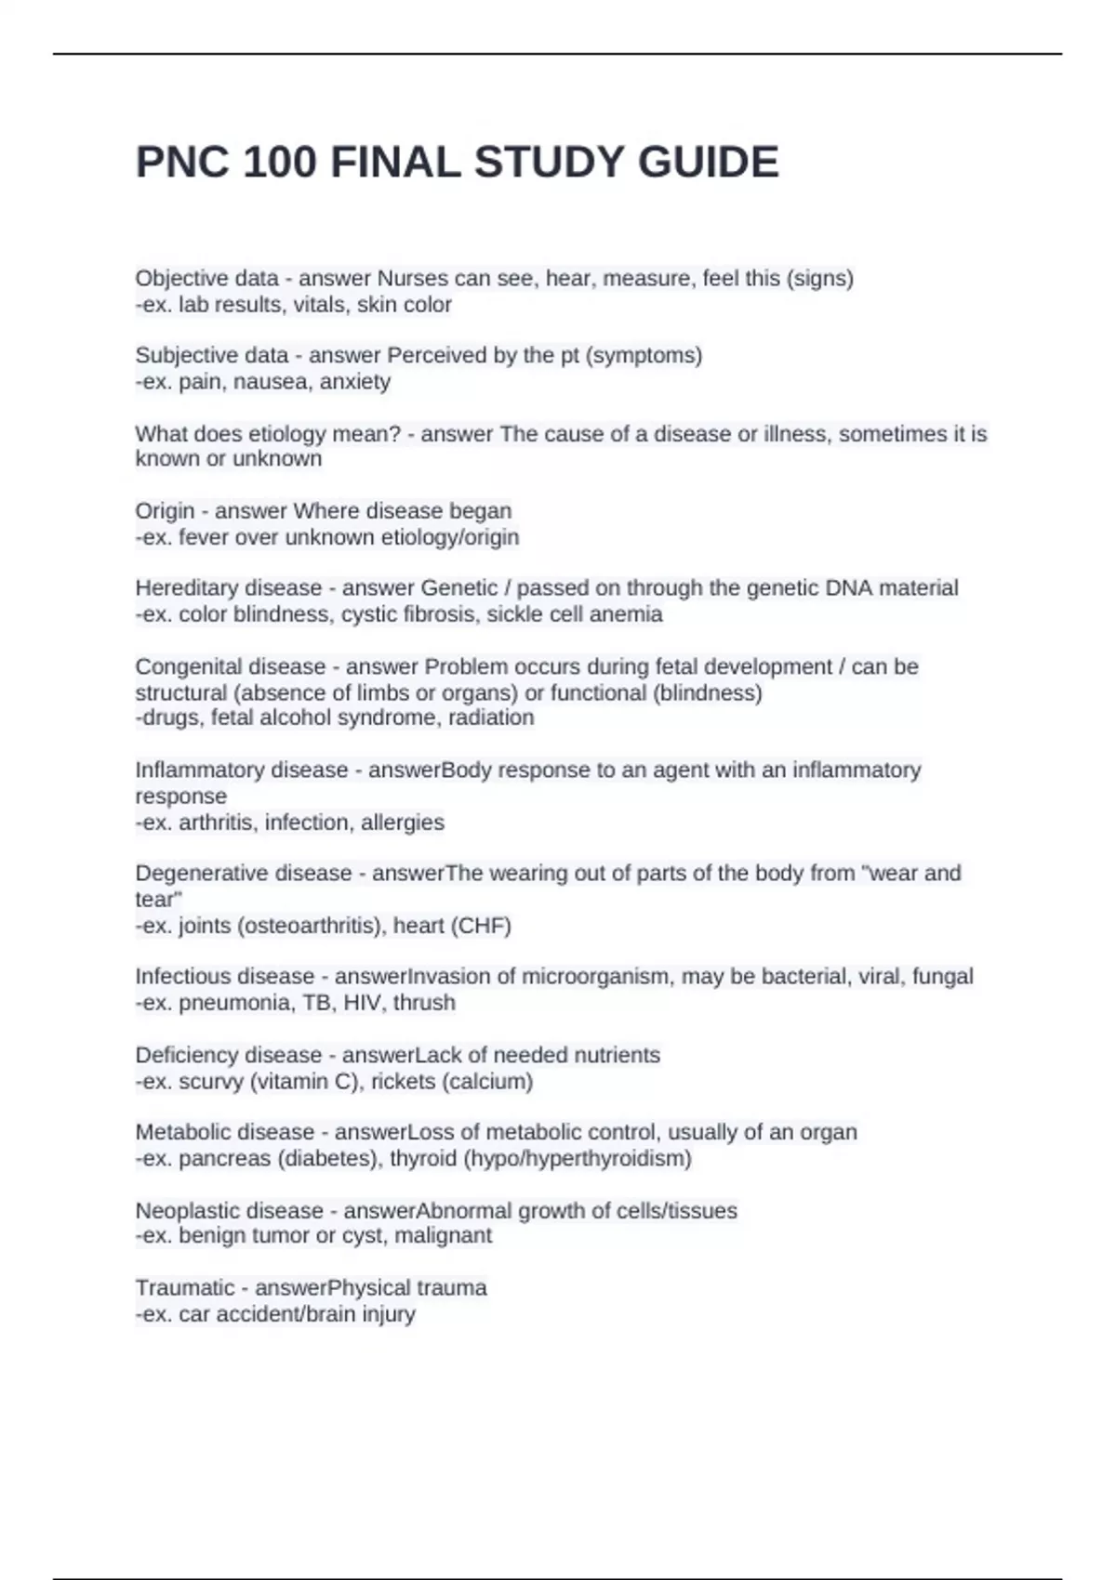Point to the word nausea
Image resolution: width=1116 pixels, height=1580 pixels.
point(272,381)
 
